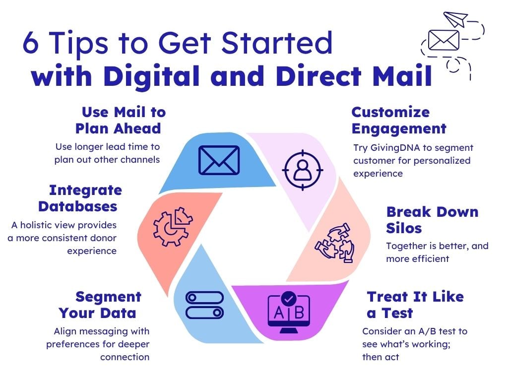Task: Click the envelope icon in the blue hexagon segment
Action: point(219,160)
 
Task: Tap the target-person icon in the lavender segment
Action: point(303,170)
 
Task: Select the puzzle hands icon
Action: point(335,242)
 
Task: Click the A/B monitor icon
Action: point(289,313)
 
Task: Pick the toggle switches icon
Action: point(205,305)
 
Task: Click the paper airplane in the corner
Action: point(455,19)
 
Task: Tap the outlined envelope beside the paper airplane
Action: point(444,40)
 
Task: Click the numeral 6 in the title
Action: point(31,43)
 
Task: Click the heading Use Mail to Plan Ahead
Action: point(121,120)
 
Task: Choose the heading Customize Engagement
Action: point(399,121)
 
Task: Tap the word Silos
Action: point(404,228)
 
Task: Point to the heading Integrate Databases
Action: point(80,198)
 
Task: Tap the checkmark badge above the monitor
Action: point(288,298)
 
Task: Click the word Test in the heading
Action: point(397,314)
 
